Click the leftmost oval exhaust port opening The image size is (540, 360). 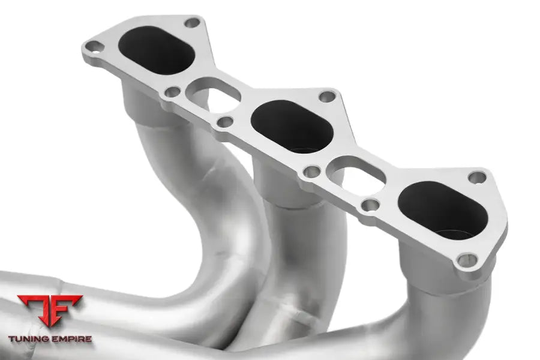157,50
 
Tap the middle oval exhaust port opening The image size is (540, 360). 292,127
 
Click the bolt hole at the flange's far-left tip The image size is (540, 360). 94,47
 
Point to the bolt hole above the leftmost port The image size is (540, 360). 192,23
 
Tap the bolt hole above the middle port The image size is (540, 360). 327,97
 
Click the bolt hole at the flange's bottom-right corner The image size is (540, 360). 467,260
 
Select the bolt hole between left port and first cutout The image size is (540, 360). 173,92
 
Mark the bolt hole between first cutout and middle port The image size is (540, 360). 226,122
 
